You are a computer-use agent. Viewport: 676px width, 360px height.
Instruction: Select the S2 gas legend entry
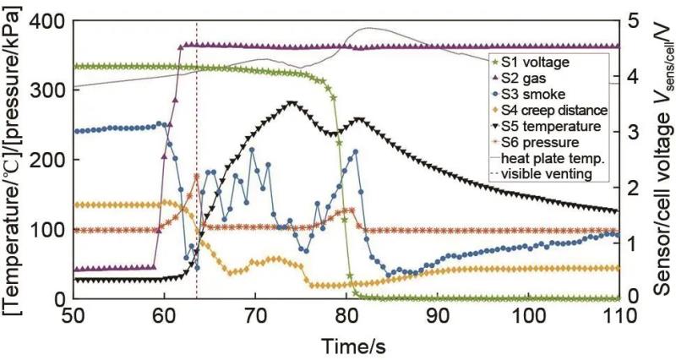(525, 78)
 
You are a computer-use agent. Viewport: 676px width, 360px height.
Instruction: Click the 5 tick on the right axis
(633, 21)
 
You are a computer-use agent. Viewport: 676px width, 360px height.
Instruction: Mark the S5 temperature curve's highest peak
(292, 104)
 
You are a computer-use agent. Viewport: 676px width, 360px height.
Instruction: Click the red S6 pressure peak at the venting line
(196, 176)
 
